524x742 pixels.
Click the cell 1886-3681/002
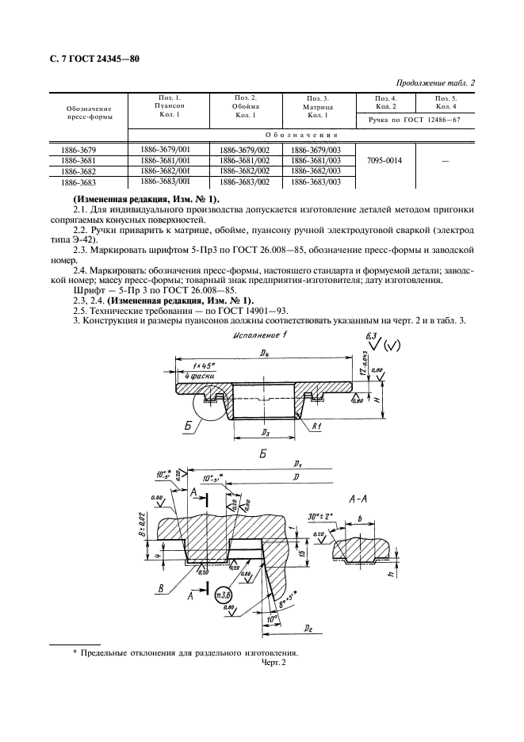pyautogui.click(x=244, y=160)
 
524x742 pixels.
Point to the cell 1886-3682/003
pyautogui.click(x=316, y=170)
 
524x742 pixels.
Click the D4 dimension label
pyautogui.click(x=262, y=353)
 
